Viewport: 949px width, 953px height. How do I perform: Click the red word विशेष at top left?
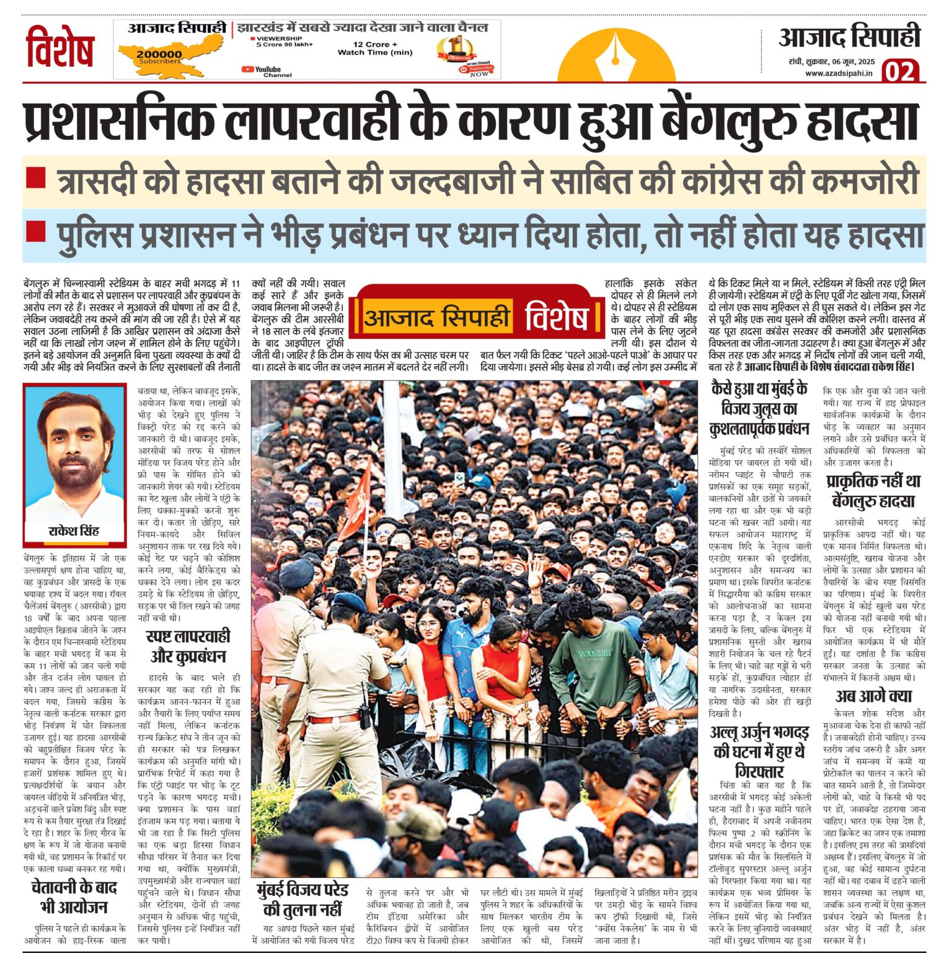[x=60, y=47]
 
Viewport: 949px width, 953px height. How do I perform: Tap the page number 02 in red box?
[x=899, y=71]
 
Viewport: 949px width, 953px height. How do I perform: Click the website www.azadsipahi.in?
[x=839, y=73]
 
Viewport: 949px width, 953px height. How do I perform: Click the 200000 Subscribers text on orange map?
[x=160, y=56]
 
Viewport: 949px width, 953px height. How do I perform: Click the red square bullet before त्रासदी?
[x=36, y=179]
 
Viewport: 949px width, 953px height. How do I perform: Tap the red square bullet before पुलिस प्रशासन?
[x=36, y=232]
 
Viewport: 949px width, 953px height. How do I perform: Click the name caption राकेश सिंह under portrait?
[x=74, y=531]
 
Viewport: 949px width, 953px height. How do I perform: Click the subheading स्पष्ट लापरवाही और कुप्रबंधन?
[x=188, y=646]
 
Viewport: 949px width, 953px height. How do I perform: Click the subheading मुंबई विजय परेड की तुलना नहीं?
[x=302, y=900]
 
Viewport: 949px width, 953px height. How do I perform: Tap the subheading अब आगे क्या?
[x=874, y=696]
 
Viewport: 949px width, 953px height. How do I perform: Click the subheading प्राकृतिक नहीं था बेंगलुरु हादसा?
[x=873, y=491]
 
